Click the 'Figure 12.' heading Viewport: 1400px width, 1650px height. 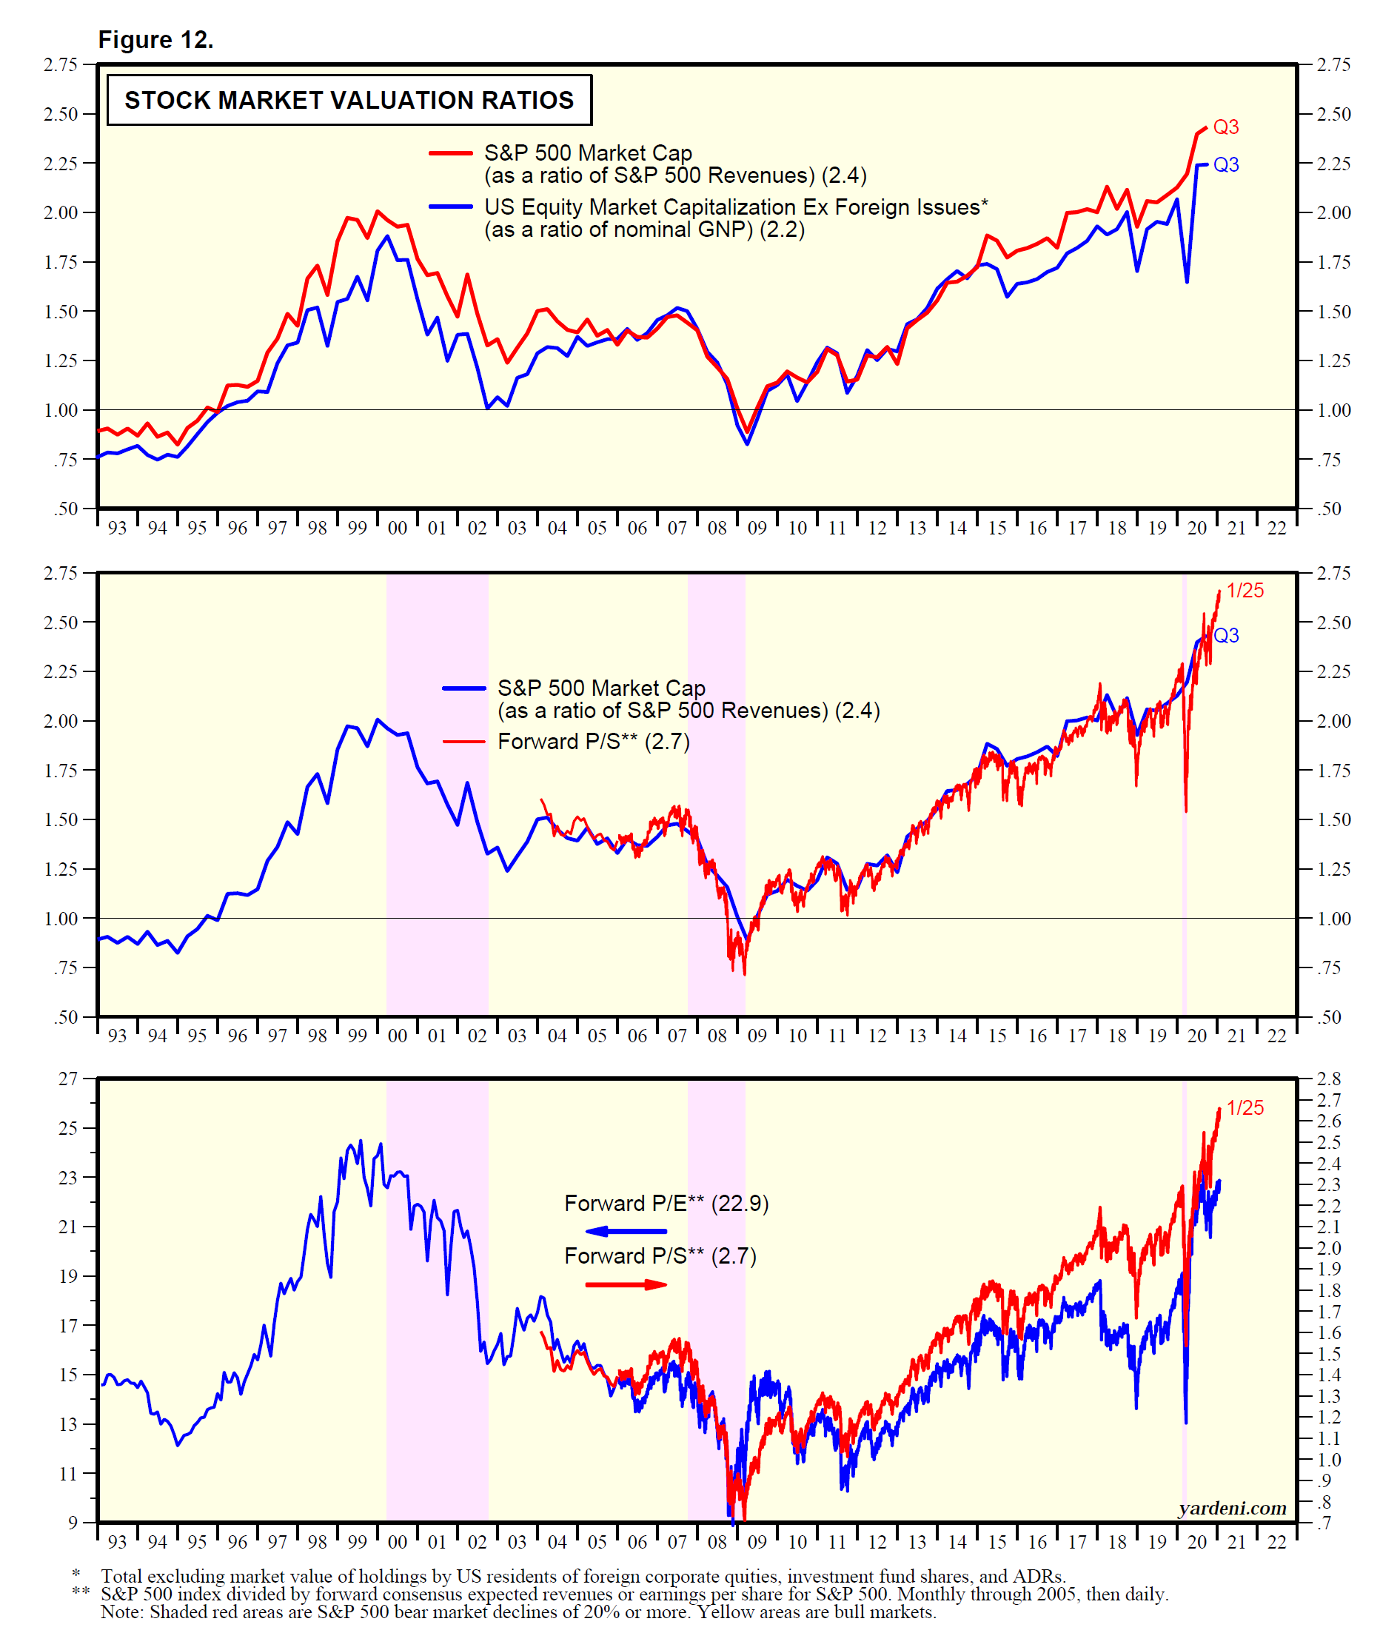(x=155, y=40)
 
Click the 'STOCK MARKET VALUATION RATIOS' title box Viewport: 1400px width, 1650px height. (x=349, y=100)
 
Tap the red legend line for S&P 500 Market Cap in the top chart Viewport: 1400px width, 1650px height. (x=451, y=152)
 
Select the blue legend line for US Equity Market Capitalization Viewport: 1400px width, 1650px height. (x=451, y=207)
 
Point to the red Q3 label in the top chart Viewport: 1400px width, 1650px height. (x=1225, y=127)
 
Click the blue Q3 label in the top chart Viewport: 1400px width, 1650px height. (x=1225, y=165)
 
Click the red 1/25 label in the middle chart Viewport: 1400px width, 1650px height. (x=1245, y=591)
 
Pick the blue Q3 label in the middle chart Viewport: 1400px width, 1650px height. (x=1225, y=636)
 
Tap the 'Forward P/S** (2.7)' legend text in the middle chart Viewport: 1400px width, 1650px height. (x=593, y=741)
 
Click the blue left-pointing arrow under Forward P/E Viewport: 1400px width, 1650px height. (x=626, y=1231)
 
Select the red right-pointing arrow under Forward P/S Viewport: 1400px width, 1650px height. (x=626, y=1284)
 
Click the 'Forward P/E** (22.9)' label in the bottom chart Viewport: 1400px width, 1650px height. (x=666, y=1203)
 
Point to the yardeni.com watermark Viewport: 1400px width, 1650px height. (x=1232, y=1507)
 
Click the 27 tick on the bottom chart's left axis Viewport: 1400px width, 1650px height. (x=68, y=1078)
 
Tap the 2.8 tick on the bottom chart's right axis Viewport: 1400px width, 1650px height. (x=1329, y=1078)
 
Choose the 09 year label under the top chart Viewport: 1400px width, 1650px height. (x=757, y=528)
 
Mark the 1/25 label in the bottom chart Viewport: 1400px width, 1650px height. (x=1245, y=1108)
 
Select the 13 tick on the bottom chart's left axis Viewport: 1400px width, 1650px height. (x=68, y=1423)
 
